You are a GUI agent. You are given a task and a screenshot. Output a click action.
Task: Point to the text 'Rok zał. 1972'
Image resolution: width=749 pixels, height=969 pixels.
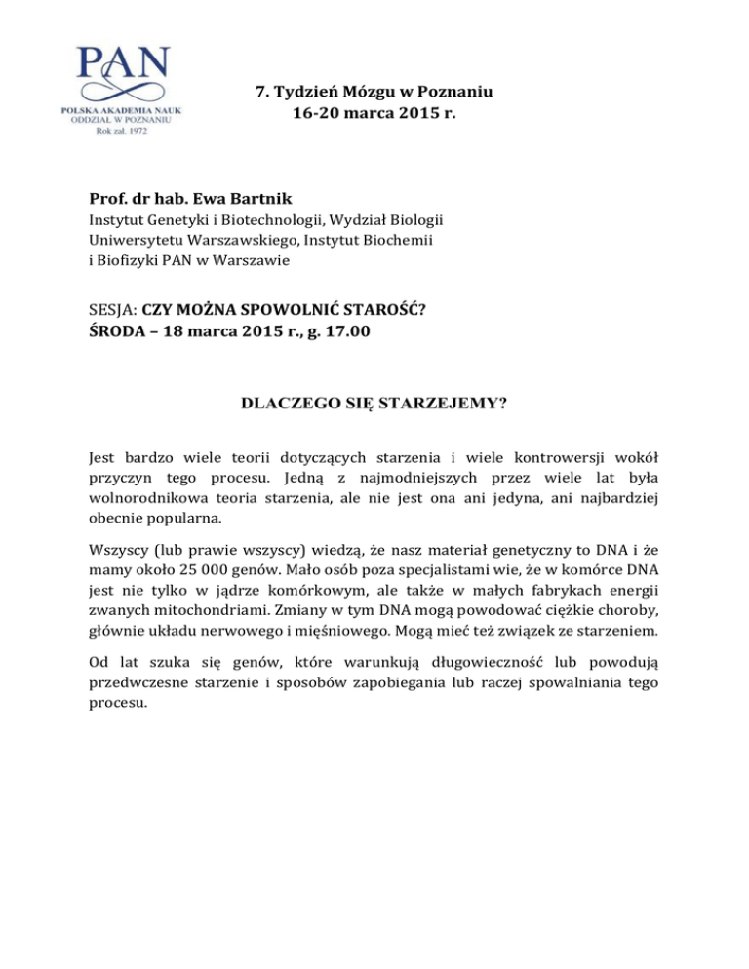[122, 132]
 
